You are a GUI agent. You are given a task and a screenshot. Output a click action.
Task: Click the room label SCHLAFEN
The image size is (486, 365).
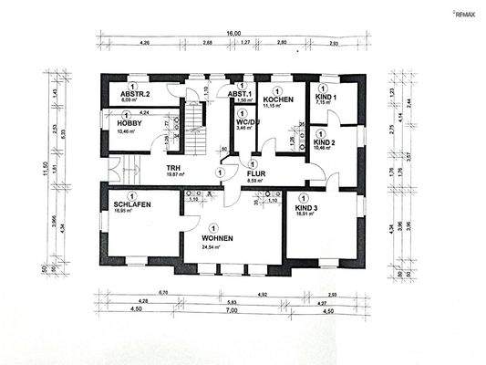tap(132, 205)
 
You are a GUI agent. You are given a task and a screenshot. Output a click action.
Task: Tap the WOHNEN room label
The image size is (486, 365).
tap(217, 238)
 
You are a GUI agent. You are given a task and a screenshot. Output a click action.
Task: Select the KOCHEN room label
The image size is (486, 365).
tap(276, 98)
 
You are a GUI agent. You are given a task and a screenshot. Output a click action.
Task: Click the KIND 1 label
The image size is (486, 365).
tap(326, 97)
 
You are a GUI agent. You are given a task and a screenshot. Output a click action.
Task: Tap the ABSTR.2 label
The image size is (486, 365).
tap(135, 93)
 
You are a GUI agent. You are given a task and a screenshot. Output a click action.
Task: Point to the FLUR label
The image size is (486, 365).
tap(257, 171)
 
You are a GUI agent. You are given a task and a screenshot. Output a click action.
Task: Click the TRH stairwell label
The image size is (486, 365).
tap(171, 168)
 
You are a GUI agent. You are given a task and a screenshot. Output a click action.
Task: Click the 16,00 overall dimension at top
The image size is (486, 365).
tap(234, 33)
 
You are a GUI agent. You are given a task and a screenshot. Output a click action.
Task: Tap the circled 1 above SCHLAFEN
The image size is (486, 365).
tap(131, 195)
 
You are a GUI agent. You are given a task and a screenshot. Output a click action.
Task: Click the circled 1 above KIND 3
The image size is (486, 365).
tap(305, 198)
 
